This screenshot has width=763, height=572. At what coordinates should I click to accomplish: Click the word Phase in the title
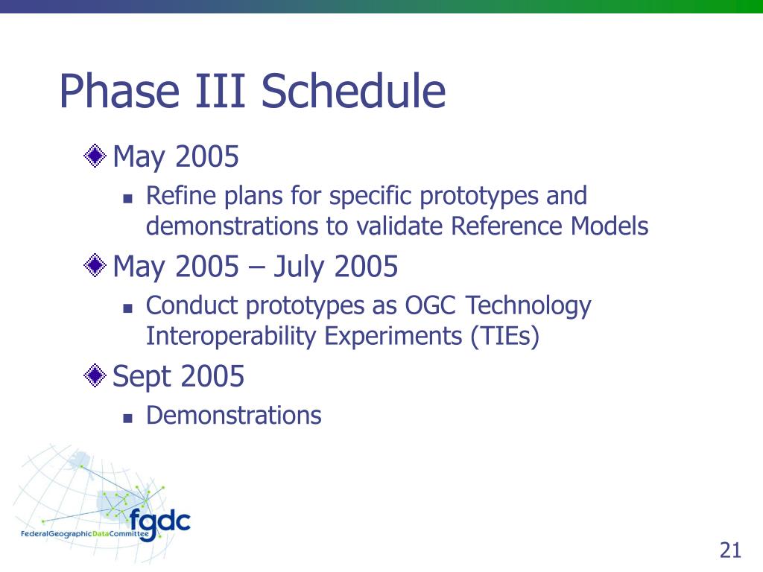pyautogui.click(x=119, y=91)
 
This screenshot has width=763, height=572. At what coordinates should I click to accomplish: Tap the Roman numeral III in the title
pyautogui.click(x=220, y=91)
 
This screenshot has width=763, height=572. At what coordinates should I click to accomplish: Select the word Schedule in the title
pyautogui.click(x=353, y=91)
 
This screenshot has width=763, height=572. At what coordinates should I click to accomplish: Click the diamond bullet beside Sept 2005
pyautogui.click(x=95, y=375)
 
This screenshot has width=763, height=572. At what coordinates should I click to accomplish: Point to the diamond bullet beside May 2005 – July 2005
pyautogui.click(x=95, y=266)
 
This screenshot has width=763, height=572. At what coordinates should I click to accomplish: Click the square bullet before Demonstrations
pyautogui.click(x=128, y=417)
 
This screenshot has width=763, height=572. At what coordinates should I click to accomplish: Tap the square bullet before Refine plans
pyautogui.click(x=128, y=198)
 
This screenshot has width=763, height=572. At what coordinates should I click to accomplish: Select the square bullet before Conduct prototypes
pyautogui.click(x=128, y=308)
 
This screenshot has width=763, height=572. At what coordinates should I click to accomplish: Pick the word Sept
pyautogui.click(x=142, y=377)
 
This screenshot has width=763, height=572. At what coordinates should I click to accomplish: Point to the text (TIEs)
pyautogui.click(x=505, y=336)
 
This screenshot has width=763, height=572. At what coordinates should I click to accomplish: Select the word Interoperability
pyautogui.click(x=231, y=336)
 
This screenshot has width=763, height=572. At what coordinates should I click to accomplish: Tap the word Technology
pyautogui.click(x=528, y=306)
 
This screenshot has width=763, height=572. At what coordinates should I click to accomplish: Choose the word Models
pyautogui.click(x=610, y=226)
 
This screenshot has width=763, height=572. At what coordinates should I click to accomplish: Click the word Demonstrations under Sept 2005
pyautogui.click(x=233, y=416)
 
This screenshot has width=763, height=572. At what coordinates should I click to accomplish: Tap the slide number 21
pyautogui.click(x=730, y=550)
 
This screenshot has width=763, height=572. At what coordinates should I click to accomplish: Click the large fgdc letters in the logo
pyautogui.click(x=159, y=523)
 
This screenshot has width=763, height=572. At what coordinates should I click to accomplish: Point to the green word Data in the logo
pyautogui.click(x=101, y=534)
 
